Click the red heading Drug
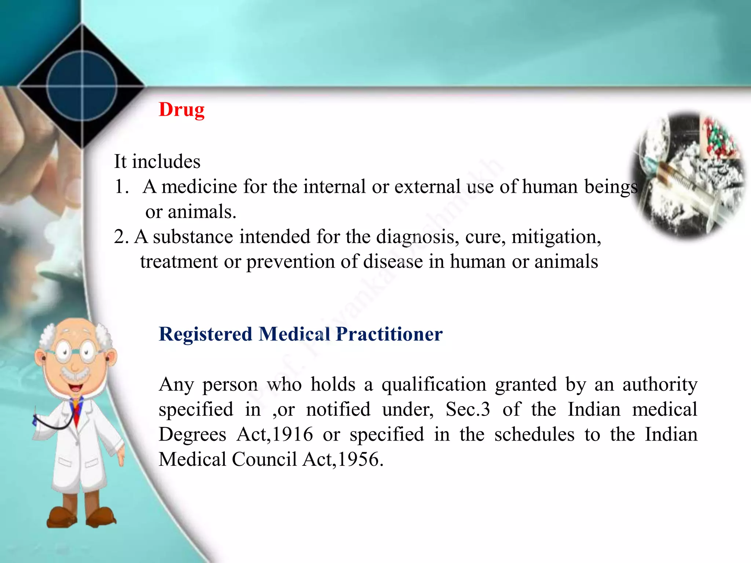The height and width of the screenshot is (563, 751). (182, 110)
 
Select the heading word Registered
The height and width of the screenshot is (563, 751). (205, 334)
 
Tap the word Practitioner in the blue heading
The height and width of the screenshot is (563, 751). (389, 334)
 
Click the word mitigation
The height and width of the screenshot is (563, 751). (556, 237)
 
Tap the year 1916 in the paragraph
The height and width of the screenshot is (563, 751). (293, 435)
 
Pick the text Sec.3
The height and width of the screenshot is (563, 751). (468, 410)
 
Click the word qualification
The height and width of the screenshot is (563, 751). (434, 385)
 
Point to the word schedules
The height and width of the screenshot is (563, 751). (534, 435)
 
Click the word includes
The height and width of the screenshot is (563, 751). (166, 162)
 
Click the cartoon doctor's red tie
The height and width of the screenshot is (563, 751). (76, 411)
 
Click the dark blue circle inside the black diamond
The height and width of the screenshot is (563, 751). (82, 86)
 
